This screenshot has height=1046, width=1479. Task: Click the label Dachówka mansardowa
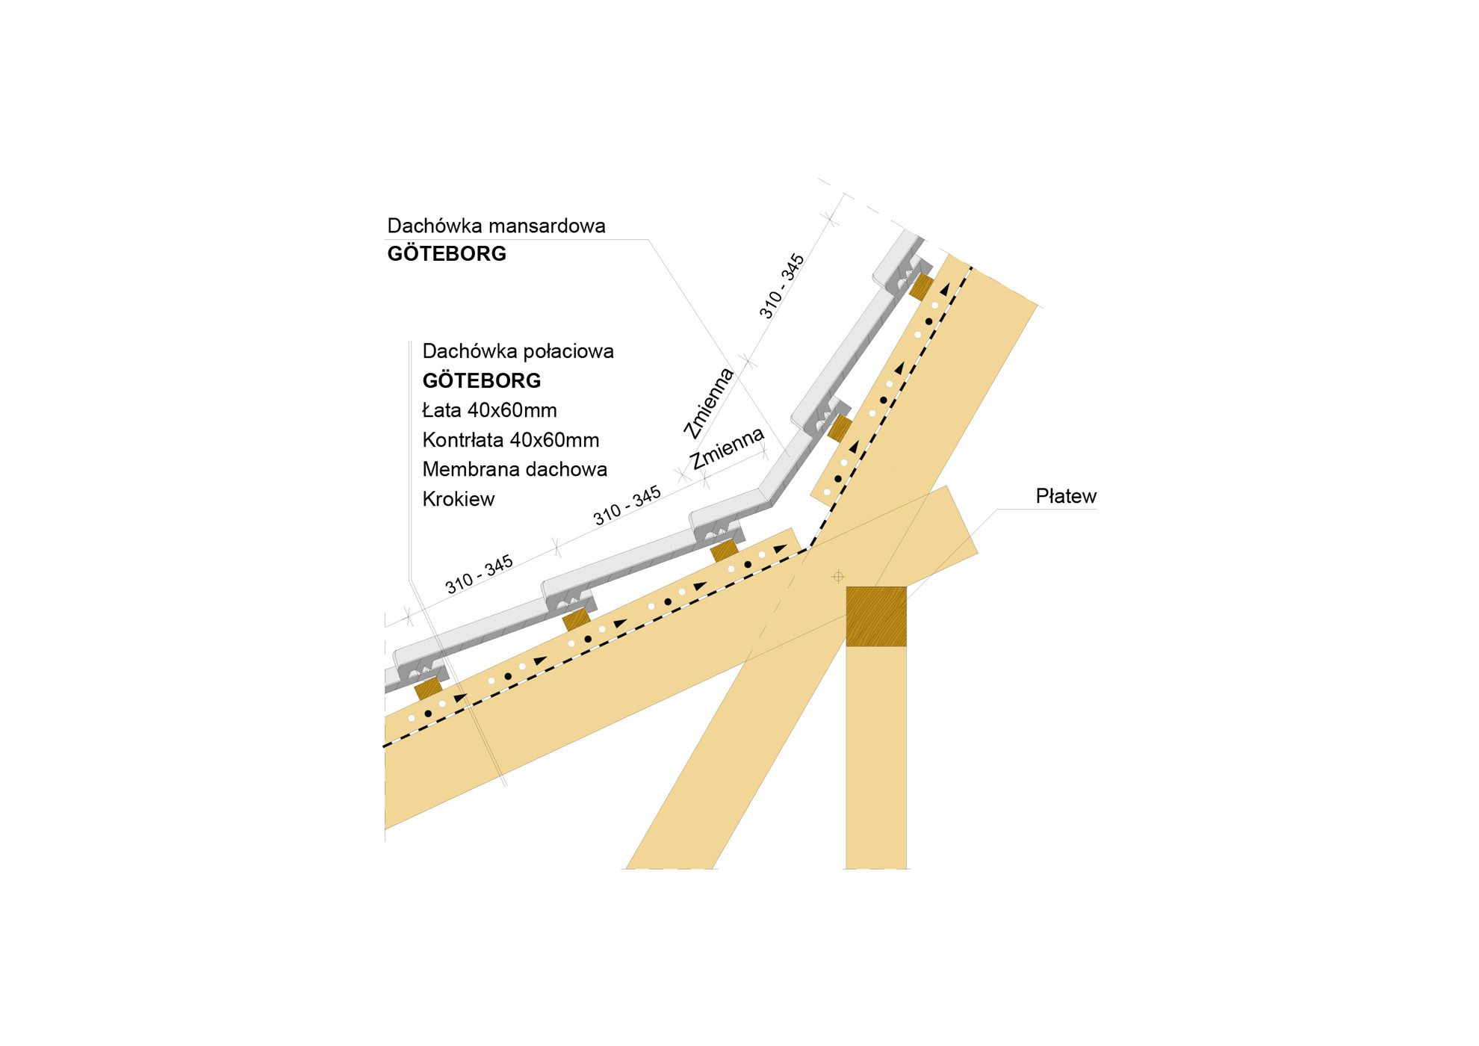(x=496, y=226)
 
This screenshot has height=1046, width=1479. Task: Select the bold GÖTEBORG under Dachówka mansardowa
(x=447, y=253)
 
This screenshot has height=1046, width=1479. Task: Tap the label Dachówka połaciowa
(x=518, y=351)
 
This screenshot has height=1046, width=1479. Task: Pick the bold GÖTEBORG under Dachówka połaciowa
(x=482, y=380)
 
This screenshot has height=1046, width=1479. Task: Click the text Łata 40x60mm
(x=489, y=410)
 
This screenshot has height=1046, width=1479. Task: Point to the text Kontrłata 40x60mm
(x=510, y=440)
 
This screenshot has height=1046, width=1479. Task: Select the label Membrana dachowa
(x=515, y=469)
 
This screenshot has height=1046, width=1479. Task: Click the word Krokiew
(x=458, y=499)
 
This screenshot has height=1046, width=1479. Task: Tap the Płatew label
(x=1066, y=496)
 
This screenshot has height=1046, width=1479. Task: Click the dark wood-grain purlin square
(x=876, y=616)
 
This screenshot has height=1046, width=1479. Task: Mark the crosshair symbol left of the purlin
(x=838, y=576)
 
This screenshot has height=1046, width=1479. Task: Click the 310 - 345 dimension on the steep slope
(x=781, y=286)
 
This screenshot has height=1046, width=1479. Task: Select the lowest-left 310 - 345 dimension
(x=479, y=574)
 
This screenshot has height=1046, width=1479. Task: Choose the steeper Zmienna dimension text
(x=709, y=402)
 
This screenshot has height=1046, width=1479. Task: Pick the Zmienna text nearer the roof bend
(x=727, y=448)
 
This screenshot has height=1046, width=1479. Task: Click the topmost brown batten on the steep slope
(x=922, y=287)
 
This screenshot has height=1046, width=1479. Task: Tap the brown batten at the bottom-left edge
(x=429, y=689)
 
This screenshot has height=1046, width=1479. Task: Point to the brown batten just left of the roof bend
(x=724, y=551)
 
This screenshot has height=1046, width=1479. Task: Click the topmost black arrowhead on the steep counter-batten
(x=945, y=289)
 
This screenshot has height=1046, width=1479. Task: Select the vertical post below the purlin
(x=876, y=758)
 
